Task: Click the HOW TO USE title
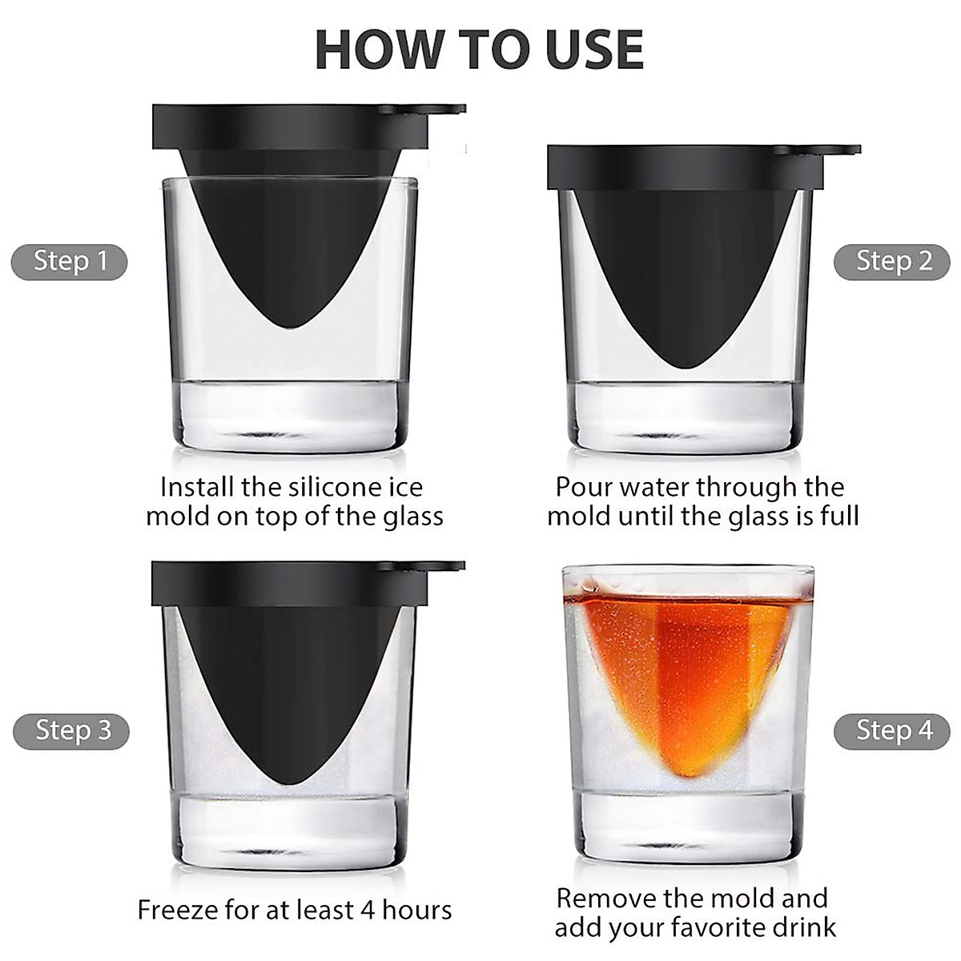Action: tap(479, 50)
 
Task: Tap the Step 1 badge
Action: tap(70, 262)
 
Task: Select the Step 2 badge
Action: tap(891, 262)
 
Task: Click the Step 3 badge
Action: tap(71, 731)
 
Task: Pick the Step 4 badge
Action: tap(891, 731)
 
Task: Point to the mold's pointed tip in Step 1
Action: tap(292, 328)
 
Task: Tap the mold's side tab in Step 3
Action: tap(445, 566)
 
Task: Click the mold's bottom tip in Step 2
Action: tap(686, 368)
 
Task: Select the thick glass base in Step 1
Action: tap(291, 416)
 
